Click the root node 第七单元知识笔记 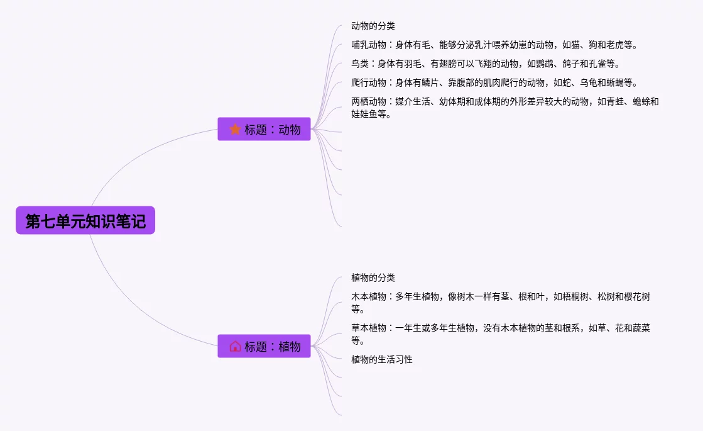(x=85, y=221)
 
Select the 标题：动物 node (x=264, y=129)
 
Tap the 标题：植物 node (x=264, y=346)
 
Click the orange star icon (x=235, y=129)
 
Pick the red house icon (x=235, y=346)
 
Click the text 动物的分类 (x=373, y=26)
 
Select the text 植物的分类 (x=373, y=277)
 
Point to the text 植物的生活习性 (x=382, y=359)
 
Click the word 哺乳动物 (x=369, y=45)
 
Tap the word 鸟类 (x=360, y=64)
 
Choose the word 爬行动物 (x=369, y=83)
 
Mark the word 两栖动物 (x=369, y=101)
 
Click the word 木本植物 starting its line (x=369, y=296)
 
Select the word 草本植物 (x=369, y=328)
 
